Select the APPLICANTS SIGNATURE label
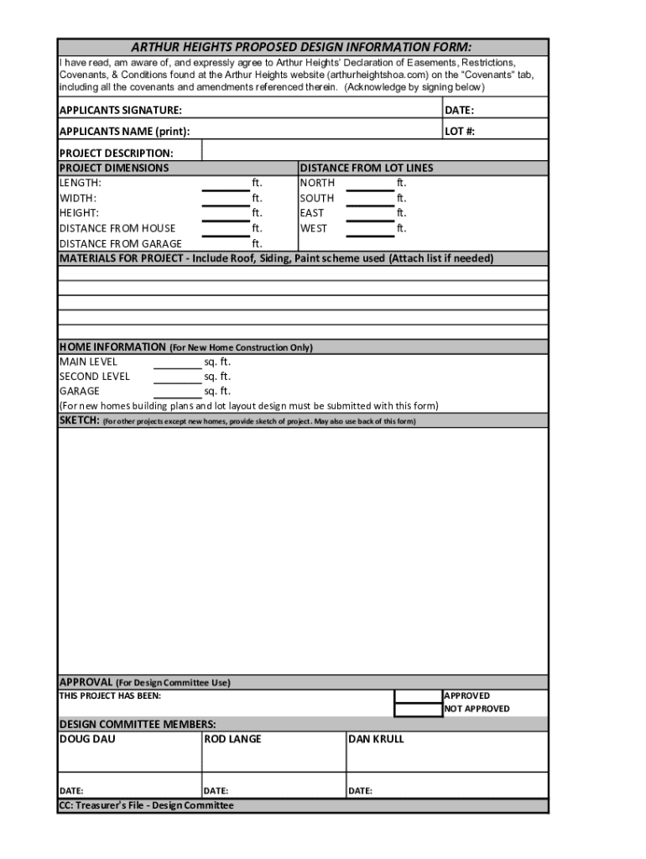[120, 111]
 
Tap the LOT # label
[460, 132]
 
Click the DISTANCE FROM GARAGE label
[120, 244]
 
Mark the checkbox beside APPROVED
[418, 695]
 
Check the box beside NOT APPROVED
[418, 709]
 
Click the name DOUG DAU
[87, 739]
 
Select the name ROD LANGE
[232, 739]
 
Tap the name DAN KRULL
[376, 739]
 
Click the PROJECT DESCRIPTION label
[116, 153]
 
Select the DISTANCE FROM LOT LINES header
[367, 168]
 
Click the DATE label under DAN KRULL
[360, 791]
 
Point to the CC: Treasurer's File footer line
[146, 805]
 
